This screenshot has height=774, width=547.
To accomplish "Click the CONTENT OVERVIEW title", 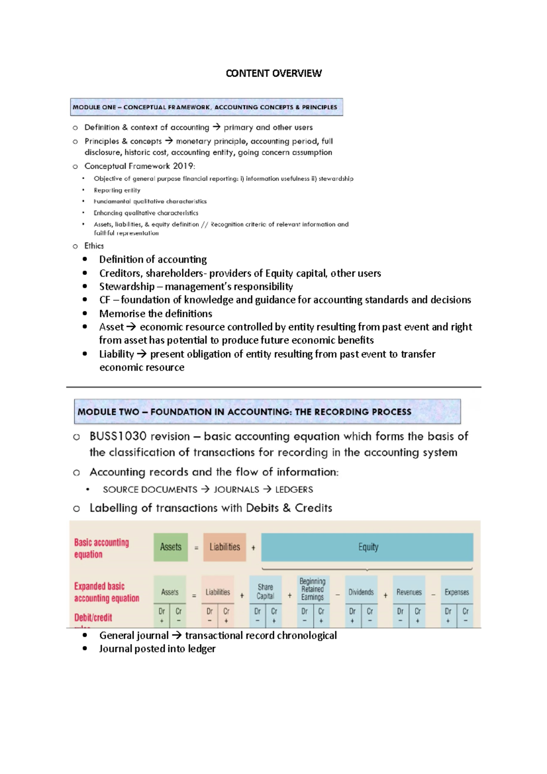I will click(x=273, y=73).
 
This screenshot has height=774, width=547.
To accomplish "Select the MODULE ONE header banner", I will click(x=206, y=107).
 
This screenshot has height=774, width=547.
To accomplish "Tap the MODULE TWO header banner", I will click(x=267, y=412).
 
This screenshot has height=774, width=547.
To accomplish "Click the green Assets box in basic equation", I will click(x=170, y=547).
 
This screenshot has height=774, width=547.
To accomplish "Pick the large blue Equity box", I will click(x=367, y=547).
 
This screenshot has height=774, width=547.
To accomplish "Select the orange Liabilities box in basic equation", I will click(x=224, y=547).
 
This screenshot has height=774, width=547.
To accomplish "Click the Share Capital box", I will click(x=265, y=592).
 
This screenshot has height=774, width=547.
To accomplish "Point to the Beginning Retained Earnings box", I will click(x=312, y=589).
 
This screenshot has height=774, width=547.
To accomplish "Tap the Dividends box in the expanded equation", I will click(x=361, y=592).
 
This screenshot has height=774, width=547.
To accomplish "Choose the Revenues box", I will click(x=409, y=592).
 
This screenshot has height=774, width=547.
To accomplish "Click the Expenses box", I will click(x=457, y=592).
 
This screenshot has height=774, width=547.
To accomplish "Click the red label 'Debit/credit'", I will click(x=93, y=618).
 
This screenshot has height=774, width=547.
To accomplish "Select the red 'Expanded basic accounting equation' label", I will click(x=106, y=592).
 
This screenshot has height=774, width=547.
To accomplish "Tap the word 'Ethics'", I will click(x=94, y=246).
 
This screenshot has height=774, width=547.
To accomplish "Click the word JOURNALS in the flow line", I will click(x=236, y=490).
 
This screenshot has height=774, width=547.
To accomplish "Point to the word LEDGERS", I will click(x=294, y=490).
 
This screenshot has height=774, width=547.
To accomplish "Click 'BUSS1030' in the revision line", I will click(x=118, y=436).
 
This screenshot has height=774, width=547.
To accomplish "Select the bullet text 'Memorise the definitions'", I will click(x=155, y=314).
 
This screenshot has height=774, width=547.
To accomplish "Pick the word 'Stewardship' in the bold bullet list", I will click(x=127, y=287).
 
